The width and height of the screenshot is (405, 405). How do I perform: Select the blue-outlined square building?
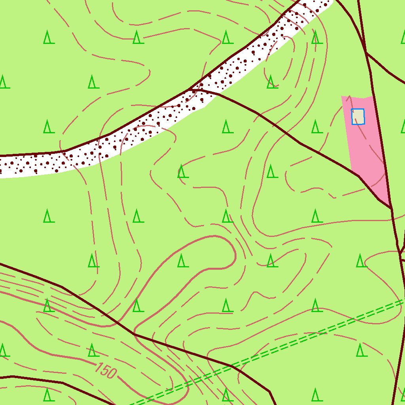click(358, 117)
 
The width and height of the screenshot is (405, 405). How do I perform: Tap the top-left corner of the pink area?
click(342, 97)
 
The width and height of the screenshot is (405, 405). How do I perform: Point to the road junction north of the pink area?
click(366, 52)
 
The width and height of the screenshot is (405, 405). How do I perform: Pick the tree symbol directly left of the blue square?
click(316, 127)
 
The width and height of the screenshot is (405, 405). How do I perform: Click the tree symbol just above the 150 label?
click(93, 350)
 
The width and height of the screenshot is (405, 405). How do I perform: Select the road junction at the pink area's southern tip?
click(391, 208)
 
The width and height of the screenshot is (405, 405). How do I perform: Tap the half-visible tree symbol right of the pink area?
click(403, 127)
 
